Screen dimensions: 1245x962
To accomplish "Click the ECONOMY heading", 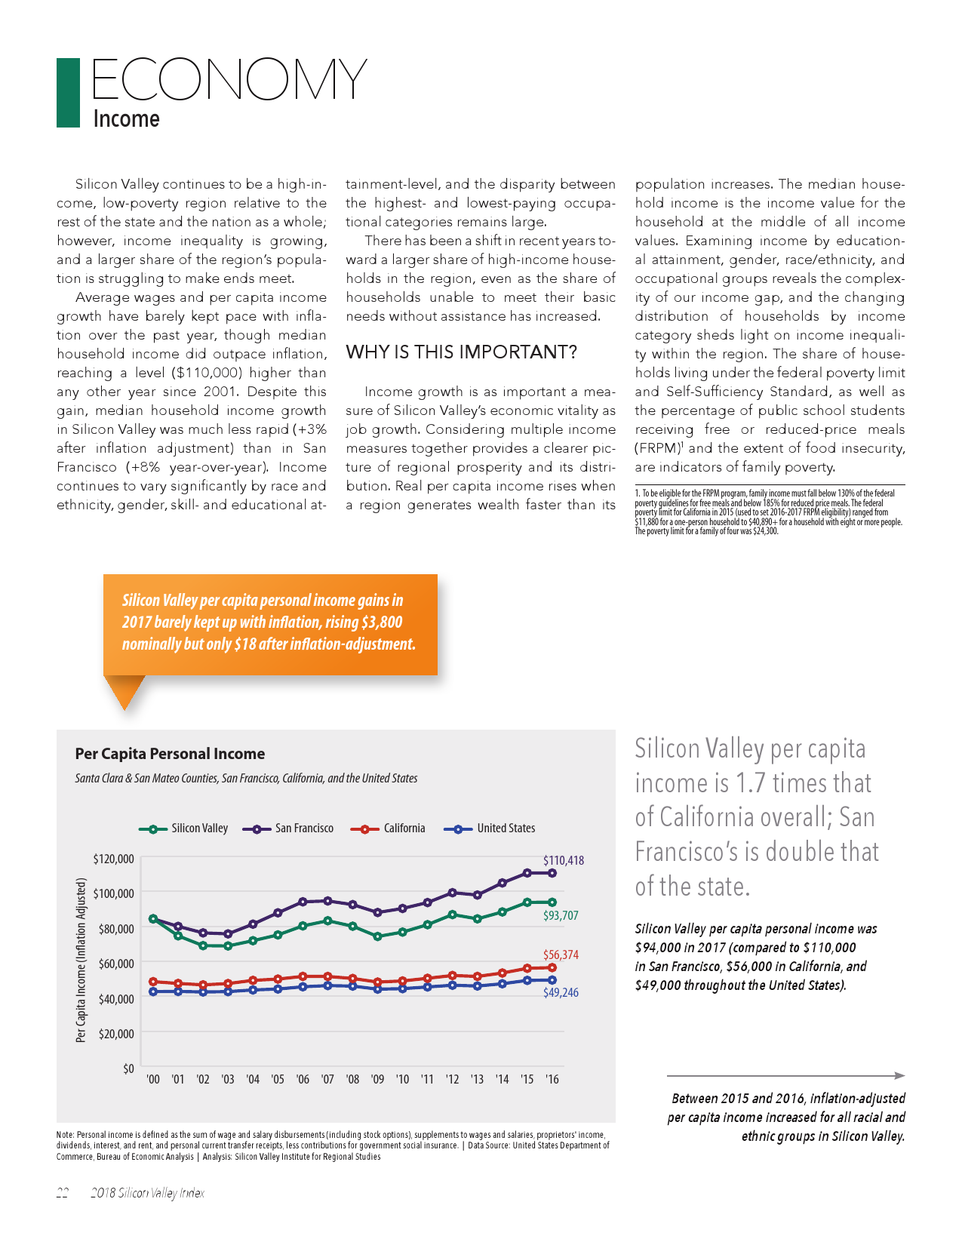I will tap(229, 79).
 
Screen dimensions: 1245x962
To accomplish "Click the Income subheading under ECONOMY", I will tap(126, 119).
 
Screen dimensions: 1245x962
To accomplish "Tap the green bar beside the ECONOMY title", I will tap(68, 93).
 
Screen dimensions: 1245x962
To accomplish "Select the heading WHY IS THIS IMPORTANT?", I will tap(461, 352).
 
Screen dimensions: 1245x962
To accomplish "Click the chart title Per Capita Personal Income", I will tap(170, 754).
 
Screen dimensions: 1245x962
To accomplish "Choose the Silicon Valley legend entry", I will tap(184, 828).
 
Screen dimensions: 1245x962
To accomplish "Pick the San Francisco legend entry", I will tap(288, 828).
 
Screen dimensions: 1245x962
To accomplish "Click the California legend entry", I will tap(389, 828).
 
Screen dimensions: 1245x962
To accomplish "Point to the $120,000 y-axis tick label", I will tap(113, 859).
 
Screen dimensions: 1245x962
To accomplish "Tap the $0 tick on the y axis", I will tap(128, 1068).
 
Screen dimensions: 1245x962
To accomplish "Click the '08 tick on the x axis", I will tap(352, 1080).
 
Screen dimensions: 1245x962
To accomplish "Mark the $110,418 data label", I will tap(564, 860).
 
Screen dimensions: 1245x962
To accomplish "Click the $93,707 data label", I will tap(561, 916).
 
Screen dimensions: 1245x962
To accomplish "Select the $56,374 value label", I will tap(561, 955).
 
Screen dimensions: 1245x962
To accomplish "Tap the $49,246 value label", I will tap(561, 993).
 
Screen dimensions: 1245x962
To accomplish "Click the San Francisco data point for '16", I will tap(552, 873).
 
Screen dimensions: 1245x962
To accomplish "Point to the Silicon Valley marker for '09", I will tap(377, 936).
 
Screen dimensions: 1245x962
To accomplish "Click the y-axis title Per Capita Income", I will tap(81, 960).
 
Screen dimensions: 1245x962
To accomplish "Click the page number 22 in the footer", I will tap(63, 1193).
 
